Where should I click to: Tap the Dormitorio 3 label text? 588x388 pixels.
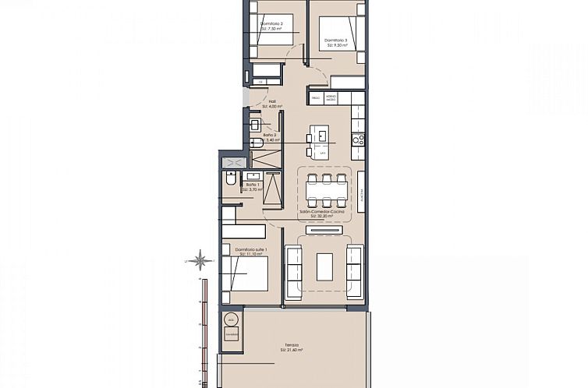tap(336, 43)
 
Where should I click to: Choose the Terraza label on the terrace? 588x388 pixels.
tap(291, 347)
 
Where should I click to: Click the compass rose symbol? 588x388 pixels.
tap(200, 259)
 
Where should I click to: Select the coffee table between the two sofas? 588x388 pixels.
tap(324, 266)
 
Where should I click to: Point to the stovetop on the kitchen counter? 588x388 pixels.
tap(359, 140)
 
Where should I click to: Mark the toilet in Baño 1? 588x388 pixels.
tap(230, 180)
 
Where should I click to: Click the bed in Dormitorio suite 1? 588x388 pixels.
tap(245, 274)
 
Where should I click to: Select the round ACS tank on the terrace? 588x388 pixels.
tap(230, 319)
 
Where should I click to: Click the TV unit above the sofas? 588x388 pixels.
tap(324, 230)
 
